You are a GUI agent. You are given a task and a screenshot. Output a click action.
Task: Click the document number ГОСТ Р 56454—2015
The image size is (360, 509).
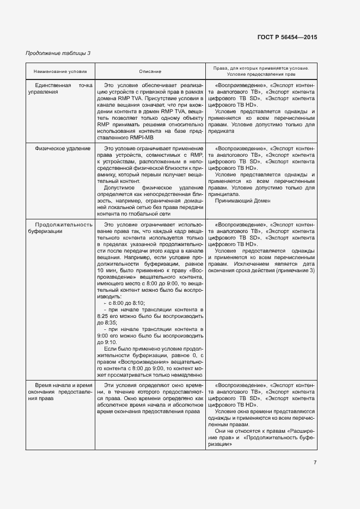point(286,38)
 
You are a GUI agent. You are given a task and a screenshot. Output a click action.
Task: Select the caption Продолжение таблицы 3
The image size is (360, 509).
point(58,53)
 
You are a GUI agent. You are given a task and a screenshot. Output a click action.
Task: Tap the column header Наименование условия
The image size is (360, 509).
point(60,71)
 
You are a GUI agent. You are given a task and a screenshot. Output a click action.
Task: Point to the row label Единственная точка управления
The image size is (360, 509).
point(60,89)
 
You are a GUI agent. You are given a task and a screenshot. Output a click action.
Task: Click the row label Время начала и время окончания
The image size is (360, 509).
point(60,391)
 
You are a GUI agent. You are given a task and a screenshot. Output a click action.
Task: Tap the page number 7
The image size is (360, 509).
point(315,462)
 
